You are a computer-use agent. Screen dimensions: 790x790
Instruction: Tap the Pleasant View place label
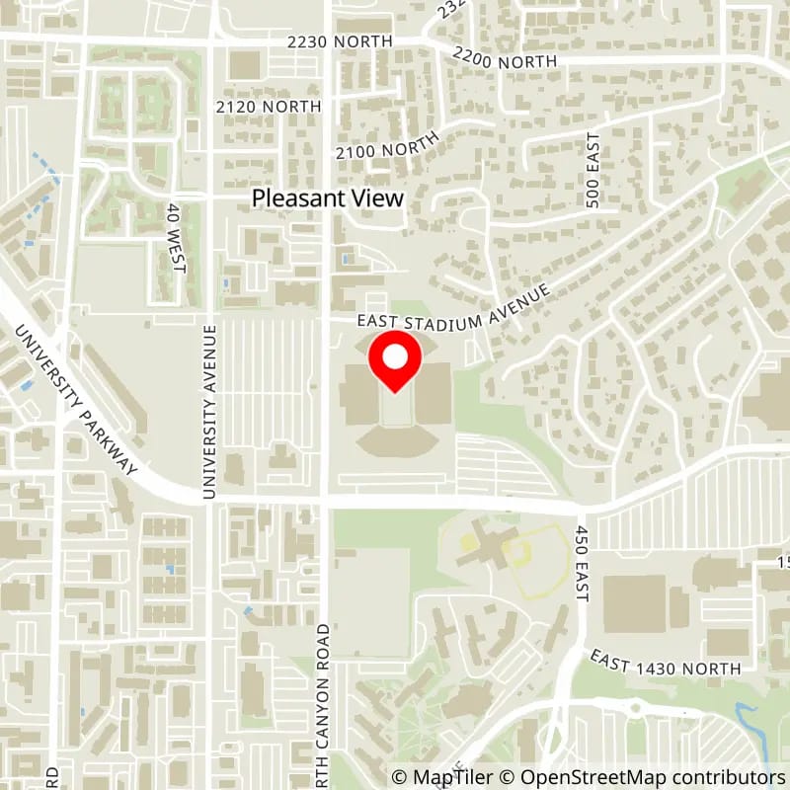pos(328,197)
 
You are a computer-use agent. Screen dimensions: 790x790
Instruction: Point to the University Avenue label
pos(208,411)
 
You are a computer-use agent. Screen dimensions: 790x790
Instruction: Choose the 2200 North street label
pos(504,58)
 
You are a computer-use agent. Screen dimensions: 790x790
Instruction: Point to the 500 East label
pos(592,170)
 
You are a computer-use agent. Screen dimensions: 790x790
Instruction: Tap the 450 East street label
pos(582,563)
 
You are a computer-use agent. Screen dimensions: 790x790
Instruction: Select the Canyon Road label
pos(325,701)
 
